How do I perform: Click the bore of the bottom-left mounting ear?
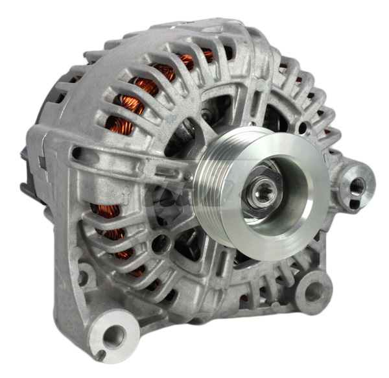[x=114, y=335]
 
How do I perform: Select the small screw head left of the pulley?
[x=206, y=113]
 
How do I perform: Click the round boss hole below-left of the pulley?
[x=161, y=243]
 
